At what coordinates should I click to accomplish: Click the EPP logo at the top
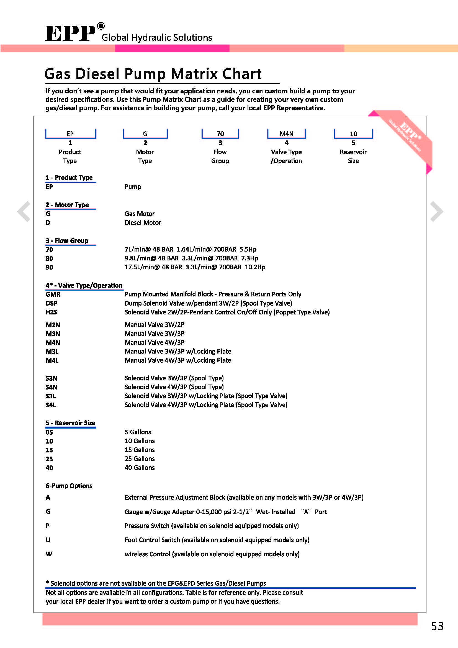tap(71, 33)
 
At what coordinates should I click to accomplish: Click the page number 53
tap(437, 626)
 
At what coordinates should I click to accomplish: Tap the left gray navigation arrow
tap(24, 211)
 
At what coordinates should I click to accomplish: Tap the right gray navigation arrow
tap(436, 211)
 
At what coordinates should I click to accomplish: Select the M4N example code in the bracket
tap(286, 134)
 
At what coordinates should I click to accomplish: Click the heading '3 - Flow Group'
tap(67, 241)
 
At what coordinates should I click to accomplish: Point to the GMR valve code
tap(53, 294)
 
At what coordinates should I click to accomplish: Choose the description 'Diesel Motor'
tap(143, 223)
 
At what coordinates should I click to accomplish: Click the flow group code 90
tap(49, 267)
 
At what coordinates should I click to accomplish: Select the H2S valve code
tap(51, 312)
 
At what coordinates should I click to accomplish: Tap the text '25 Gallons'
tap(140, 459)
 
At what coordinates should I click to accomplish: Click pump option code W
tap(49, 554)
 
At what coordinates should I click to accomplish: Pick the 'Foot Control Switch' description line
tap(217, 540)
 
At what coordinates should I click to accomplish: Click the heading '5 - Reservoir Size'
tap(71, 423)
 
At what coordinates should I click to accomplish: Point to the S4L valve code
tap(51, 405)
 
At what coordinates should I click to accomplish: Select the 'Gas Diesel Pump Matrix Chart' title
tap(153, 74)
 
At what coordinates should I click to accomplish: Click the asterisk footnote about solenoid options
tap(156, 583)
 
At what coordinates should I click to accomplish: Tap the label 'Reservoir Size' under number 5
tap(353, 156)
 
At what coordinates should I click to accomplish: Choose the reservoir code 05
tap(49, 432)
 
